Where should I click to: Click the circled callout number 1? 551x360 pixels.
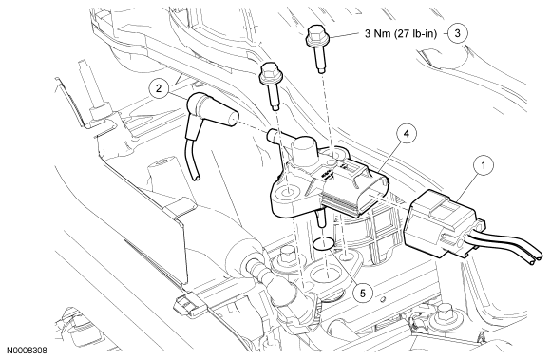(483, 164)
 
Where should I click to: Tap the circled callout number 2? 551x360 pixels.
(159, 88)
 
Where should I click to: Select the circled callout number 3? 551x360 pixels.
(458, 33)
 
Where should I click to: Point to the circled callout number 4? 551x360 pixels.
(407, 135)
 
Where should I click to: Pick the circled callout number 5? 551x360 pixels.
(363, 292)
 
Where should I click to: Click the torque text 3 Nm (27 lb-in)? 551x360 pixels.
(401, 33)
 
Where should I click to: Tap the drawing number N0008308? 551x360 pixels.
(27, 351)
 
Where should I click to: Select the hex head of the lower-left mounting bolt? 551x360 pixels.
(269, 72)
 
